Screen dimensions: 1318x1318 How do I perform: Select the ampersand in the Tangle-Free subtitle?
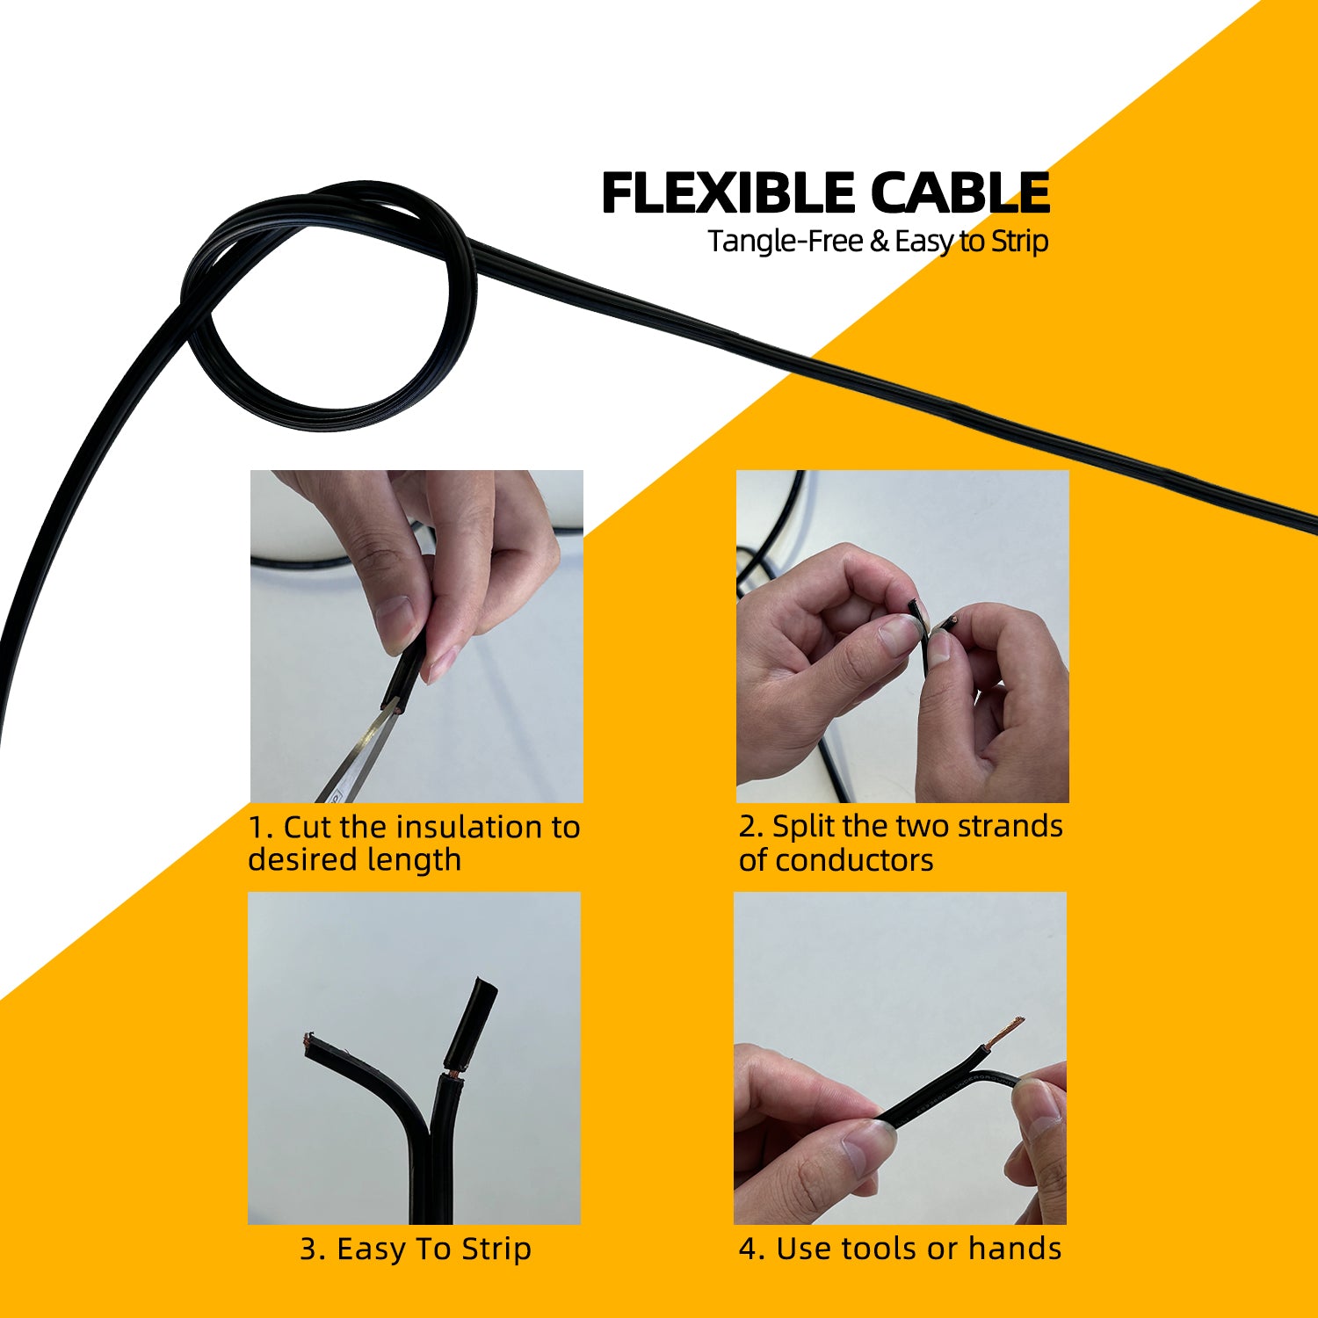(x=880, y=242)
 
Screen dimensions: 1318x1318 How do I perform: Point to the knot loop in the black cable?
(x=329, y=308)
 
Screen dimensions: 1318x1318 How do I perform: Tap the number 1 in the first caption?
(x=256, y=828)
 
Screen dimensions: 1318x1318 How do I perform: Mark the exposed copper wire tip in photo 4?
(x=1006, y=1032)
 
